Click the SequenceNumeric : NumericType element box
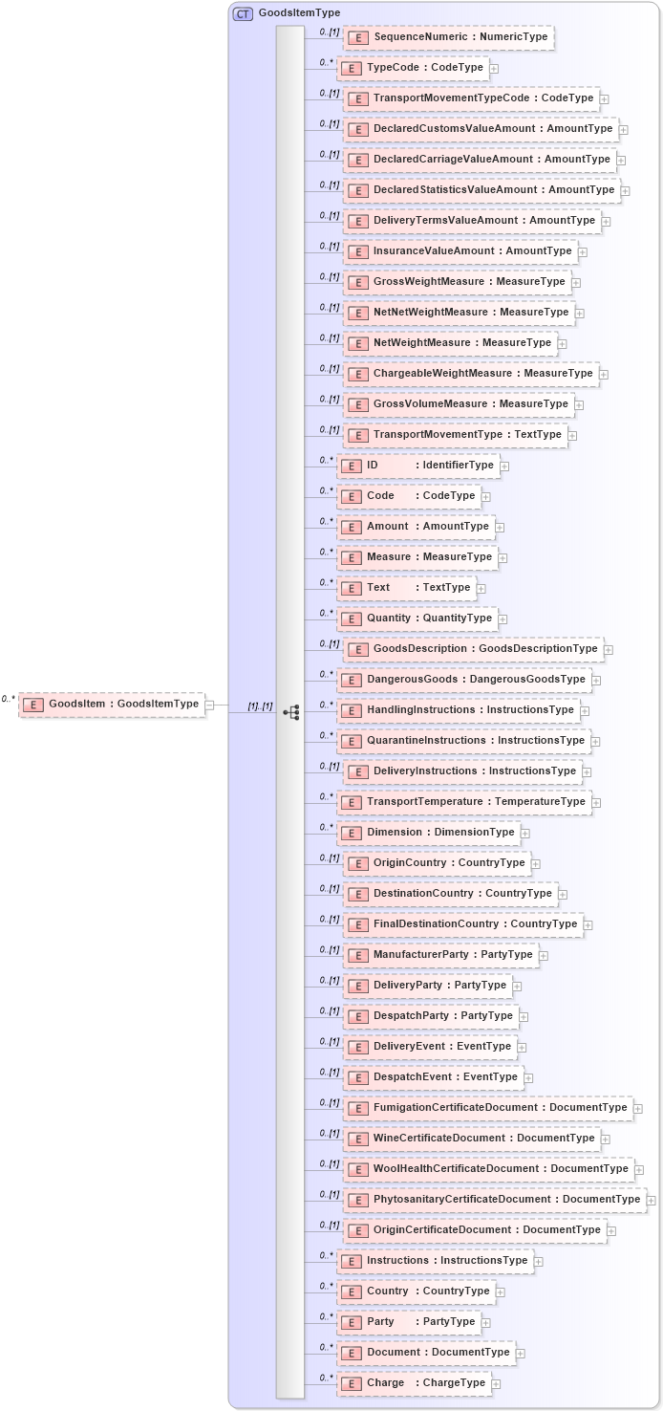[448, 37]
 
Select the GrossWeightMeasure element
[458, 282]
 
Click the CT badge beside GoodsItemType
[243, 13]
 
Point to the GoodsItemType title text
[299, 13]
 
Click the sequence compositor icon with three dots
[291, 712]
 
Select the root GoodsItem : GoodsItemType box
[112, 705]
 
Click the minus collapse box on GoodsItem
[209, 705]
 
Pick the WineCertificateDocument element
[472, 1139]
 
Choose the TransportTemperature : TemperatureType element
[464, 802]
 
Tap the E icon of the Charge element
[351, 1383]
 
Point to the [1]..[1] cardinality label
[260, 706]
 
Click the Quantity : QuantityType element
[417, 619]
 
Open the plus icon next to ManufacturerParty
[544, 956]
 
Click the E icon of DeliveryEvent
[357, 1047]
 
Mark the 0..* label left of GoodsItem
[9, 699]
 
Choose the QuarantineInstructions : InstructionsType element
[463, 741]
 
